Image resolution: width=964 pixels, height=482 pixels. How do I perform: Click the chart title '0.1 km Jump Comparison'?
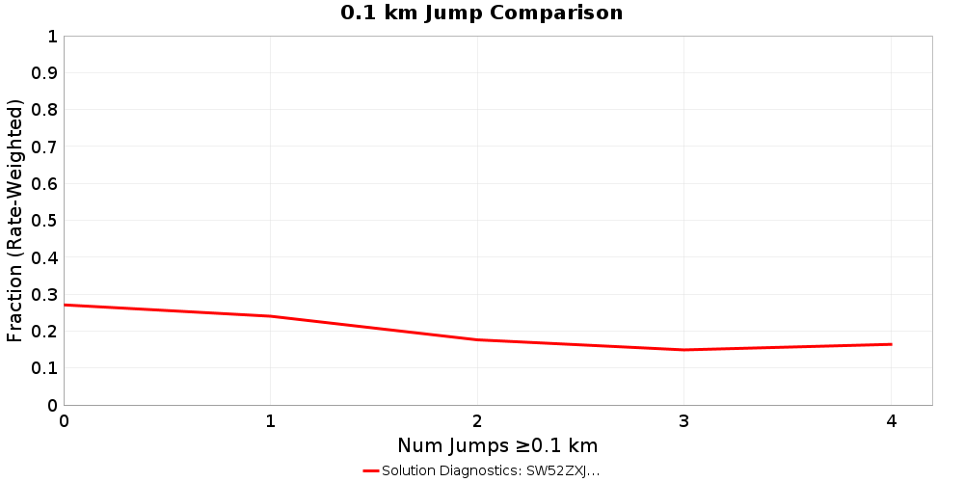[481, 13]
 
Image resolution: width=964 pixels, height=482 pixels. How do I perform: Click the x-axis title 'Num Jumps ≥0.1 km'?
[497, 445]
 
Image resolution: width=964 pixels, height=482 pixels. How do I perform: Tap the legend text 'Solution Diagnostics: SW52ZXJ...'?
[491, 470]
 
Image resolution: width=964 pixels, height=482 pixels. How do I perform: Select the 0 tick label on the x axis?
[64, 421]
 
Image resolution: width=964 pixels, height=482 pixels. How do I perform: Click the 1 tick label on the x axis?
[271, 421]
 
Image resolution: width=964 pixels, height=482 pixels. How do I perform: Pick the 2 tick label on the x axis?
[477, 421]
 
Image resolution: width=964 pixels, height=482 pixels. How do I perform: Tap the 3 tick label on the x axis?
[684, 421]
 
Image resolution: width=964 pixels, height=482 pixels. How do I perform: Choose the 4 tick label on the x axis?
[891, 421]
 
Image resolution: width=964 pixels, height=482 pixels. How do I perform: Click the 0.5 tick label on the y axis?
[45, 221]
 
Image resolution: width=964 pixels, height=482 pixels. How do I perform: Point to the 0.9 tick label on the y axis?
[45, 73]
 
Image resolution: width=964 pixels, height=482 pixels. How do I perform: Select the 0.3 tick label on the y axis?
[45, 295]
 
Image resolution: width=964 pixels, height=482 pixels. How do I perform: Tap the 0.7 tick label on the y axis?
[45, 147]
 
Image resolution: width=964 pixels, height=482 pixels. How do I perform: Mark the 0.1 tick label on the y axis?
[45, 368]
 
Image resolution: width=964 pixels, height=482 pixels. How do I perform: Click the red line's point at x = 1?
[271, 316]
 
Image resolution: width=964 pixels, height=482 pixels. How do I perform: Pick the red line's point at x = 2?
[477, 339]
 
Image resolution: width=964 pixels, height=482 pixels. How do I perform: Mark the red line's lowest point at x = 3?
[684, 350]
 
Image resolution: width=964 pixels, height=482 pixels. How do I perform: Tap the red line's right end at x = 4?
[891, 344]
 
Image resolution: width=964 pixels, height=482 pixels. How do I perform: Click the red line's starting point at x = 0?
[65, 305]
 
